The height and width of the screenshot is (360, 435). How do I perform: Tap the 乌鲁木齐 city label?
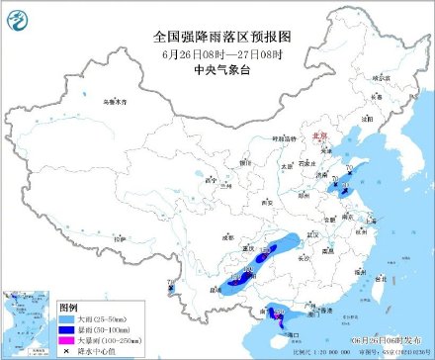pos(116,101)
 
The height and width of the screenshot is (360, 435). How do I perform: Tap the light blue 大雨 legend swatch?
pos(67,320)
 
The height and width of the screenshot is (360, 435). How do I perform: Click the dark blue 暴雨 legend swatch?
pos(67,330)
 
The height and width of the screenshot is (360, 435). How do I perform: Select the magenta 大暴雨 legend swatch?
pos(67,340)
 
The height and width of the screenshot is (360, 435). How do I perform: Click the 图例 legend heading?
pos(68,309)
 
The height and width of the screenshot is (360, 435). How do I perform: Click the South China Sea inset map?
pos(28,322)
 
